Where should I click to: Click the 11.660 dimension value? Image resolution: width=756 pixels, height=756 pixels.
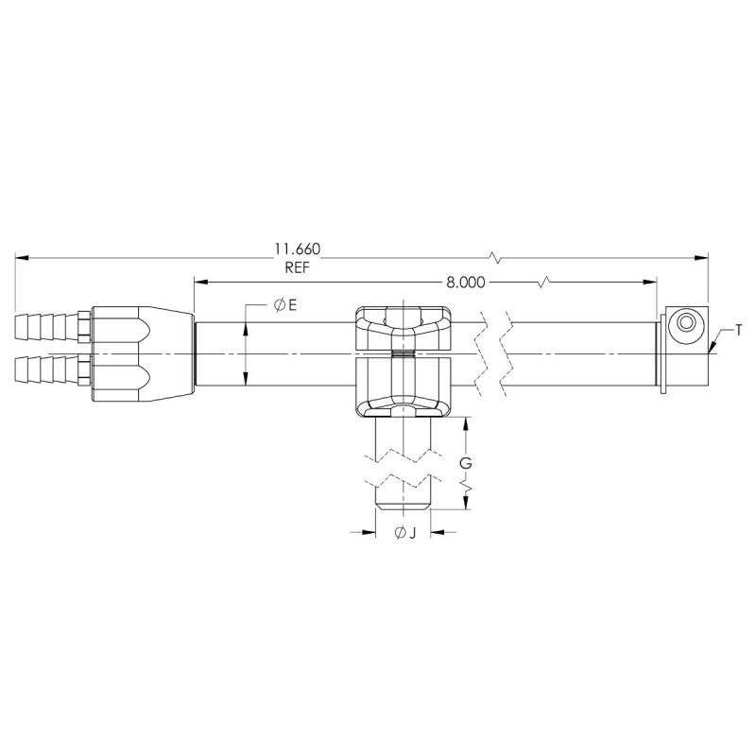(x=298, y=249)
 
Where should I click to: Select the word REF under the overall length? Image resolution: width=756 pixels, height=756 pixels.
(x=298, y=267)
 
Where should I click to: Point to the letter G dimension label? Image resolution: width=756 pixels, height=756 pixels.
(x=465, y=463)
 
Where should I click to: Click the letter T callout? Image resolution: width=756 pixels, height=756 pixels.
(x=739, y=330)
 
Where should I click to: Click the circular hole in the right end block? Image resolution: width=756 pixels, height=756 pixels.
(x=684, y=325)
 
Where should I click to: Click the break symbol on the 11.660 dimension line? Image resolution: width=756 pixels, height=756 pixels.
(x=496, y=256)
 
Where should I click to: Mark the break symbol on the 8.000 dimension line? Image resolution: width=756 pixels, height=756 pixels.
(x=546, y=282)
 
